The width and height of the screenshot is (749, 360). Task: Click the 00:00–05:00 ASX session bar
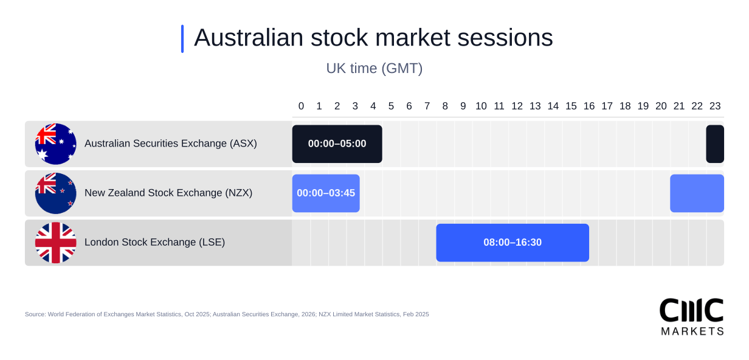pyautogui.click(x=337, y=144)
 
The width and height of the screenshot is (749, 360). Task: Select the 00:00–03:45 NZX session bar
pyautogui.click(x=326, y=193)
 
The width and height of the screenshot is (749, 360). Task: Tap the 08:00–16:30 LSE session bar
pyautogui.click(x=513, y=243)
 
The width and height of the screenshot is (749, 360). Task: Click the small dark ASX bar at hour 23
pyautogui.click(x=715, y=144)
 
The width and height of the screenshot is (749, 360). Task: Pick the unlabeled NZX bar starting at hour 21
pyautogui.click(x=697, y=193)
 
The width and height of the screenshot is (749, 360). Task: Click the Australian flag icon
pyautogui.click(x=55, y=144)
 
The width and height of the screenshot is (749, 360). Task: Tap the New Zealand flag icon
pyautogui.click(x=55, y=193)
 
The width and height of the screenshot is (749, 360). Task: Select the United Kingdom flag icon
pyautogui.click(x=55, y=243)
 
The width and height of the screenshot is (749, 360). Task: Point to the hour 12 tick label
pyautogui.click(x=517, y=106)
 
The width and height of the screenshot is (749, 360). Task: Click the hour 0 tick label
pyautogui.click(x=301, y=106)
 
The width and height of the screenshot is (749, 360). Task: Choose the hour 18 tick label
pyautogui.click(x=625, y=106)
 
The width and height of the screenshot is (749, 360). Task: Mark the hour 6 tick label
pyautogui.click(x=409, y=106)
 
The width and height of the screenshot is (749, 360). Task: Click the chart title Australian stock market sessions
pyautogui.click(x=373, y=38)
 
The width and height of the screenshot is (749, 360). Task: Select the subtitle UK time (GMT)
pyautogui.click(x=374, y=68)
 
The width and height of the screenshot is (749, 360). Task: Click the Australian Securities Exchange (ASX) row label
pyautogui.click(x=170, y=144)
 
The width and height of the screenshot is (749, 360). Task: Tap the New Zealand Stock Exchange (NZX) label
pyautogui.click(x=168, y=193)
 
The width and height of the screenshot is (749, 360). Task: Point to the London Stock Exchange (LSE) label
pyautogui.click(x=154, y=242)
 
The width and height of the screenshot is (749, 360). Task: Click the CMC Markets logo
pyautogui.click(x=691, y=316)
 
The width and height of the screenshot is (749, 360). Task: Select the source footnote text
pyautogui.click(x=227, y=314)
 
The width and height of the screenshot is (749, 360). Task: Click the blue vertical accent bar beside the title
pyautogui.click(x=182, y=39)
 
